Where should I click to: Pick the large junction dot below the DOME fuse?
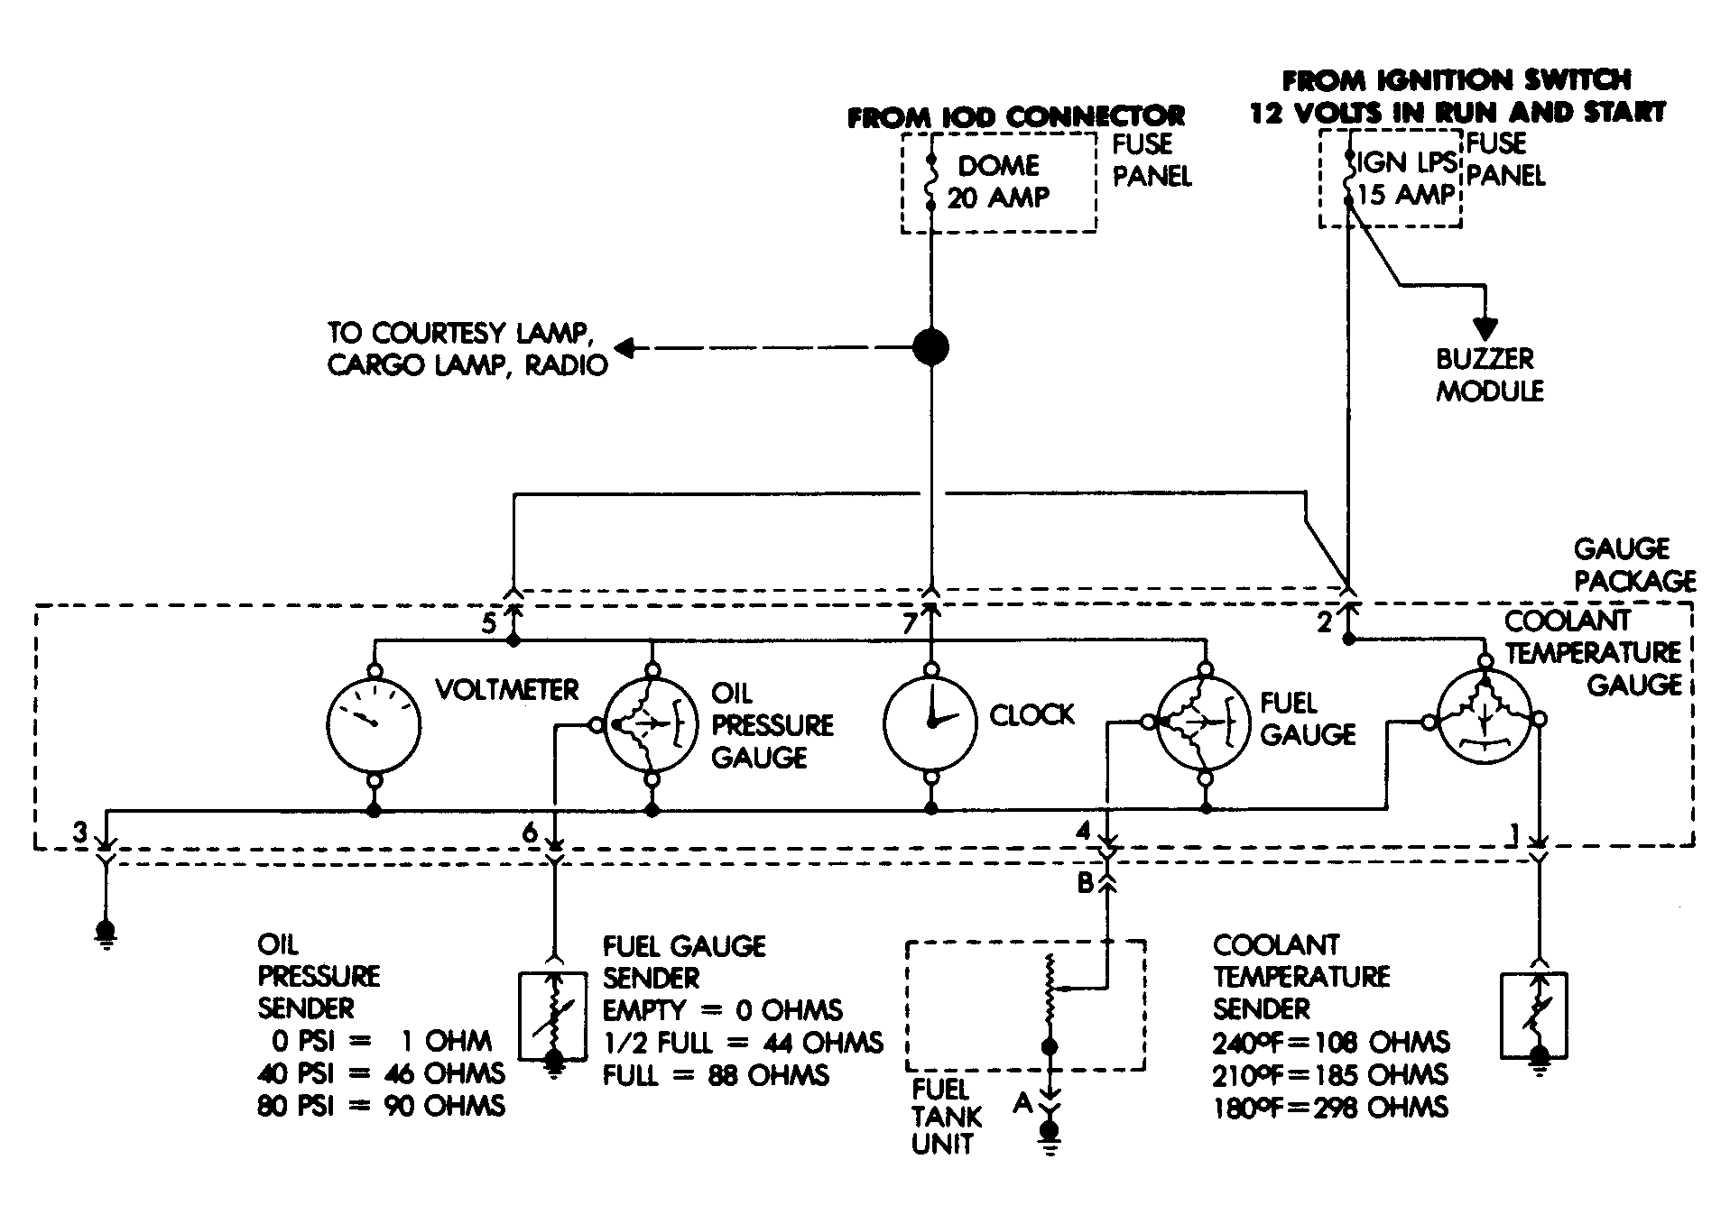[x=930, y=347]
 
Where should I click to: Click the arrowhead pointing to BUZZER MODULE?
[x=1484, y=329]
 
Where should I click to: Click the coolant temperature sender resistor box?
[x=1534, y=1015]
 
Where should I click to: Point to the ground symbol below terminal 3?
[x=106, y=934]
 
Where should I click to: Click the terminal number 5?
[x=488, y=623]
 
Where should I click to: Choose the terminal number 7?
[x=910, y=623]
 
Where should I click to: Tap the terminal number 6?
[x=531, y=832]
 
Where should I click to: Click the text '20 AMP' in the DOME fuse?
[x=999, y=198]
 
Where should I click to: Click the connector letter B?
[x=1087, y=883]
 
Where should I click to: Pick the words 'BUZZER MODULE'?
[x=1489, y=375]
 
